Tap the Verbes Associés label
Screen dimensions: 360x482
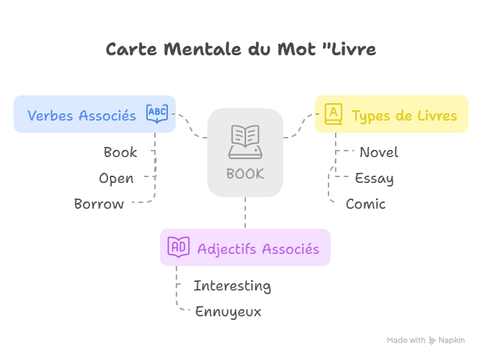pyautogui.click(x=82, y=115)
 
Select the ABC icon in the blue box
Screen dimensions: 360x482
pyautogui.click(x=157, y=113)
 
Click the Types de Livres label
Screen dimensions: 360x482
pyautogui.click(x=405, y=115)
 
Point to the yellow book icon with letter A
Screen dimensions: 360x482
pyautogui.click(x=334, y=114)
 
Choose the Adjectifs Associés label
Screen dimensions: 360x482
pyautogui.click(x=258, y=248)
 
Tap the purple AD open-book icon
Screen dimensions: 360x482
pyautogui.click(x=179, y=247)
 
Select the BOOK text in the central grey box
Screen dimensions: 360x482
pyautogui.click(x=245, y=174)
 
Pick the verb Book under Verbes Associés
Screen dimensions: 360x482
pyautogui.click(x=120, y=152)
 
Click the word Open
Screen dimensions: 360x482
pyautogui.click(x=116, y=178)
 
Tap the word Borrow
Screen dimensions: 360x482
pyautogui.click(x=99, y=204)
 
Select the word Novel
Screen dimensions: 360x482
pyautogui.click(x=379, y=152)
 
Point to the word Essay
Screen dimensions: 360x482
pyautogui.click(x=374, y=178)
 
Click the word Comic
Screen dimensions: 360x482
pyautogui.click(x=366, y=204)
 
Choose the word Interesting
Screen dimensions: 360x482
pyautogui.click(x=232, y=285)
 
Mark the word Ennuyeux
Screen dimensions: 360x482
pyautogui.click(x=228, y=311)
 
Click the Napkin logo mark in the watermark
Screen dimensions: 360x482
pyautogui.click(x=433, y=340)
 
